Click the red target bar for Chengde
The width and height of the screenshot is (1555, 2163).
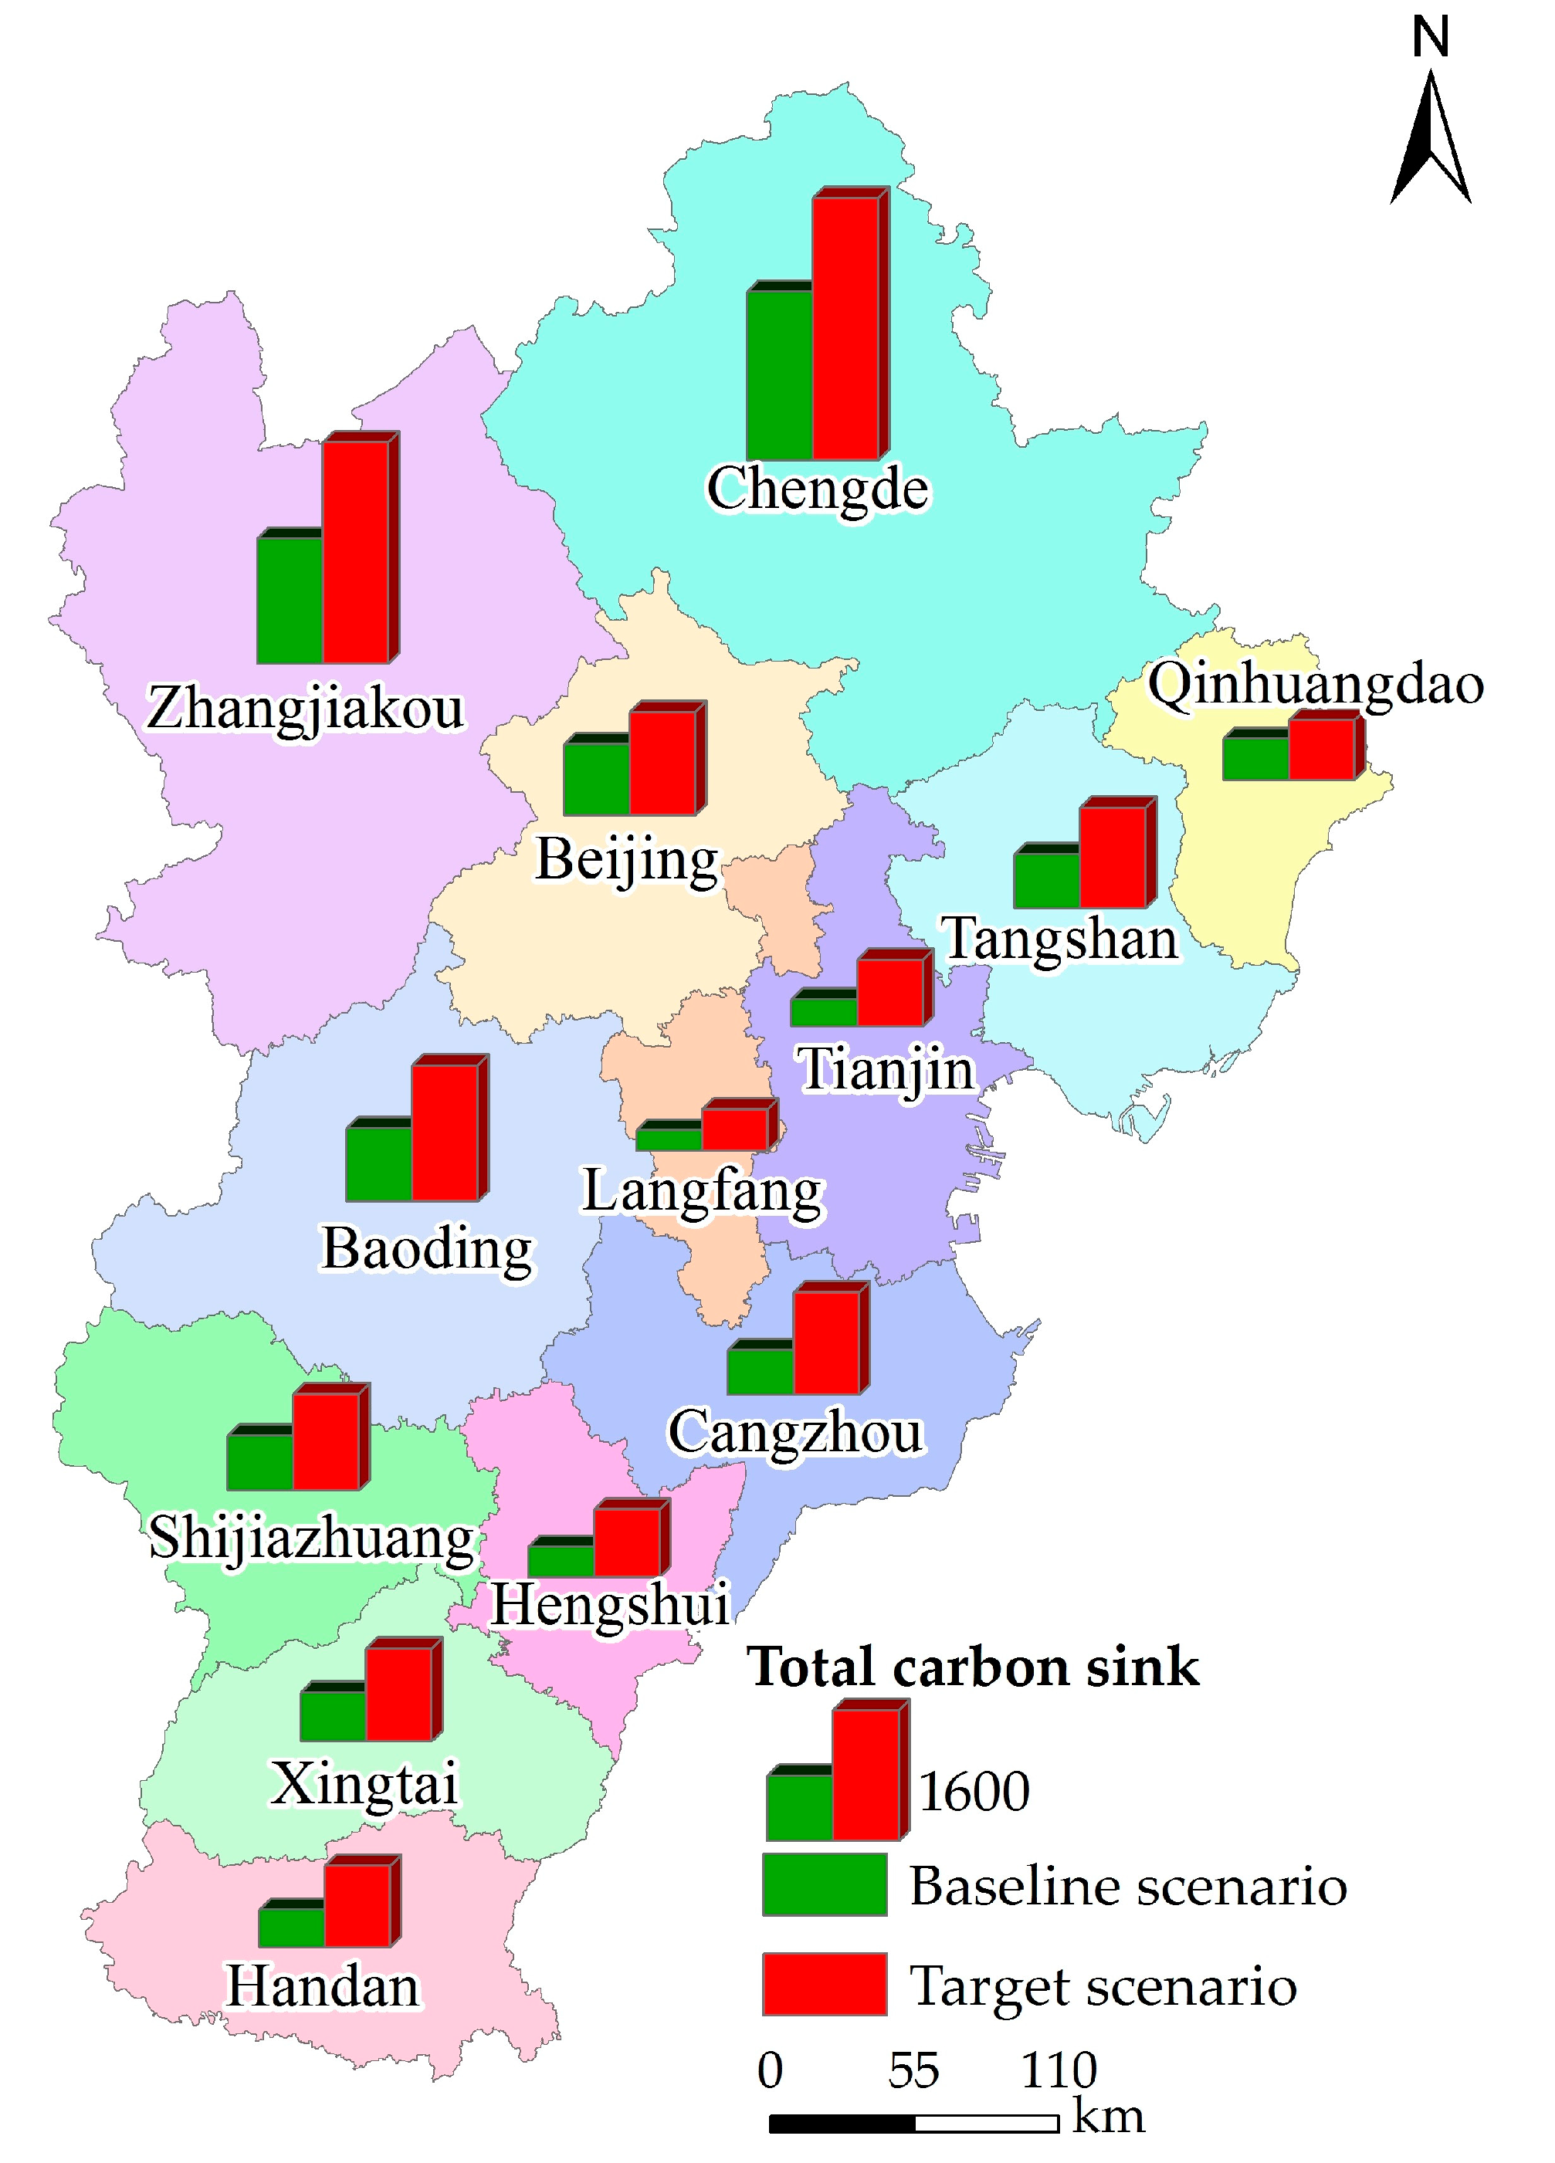(x=845, y=328)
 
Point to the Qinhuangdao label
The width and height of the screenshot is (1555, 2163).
(x=1316, y=685)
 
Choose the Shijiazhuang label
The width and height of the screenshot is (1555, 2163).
(x=312, y=1538)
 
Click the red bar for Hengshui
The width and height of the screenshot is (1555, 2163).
(x=627, y=1542)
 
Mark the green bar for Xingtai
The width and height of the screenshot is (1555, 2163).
(x=333, y=1716)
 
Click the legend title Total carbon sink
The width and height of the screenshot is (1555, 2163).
(x=972, y=1668)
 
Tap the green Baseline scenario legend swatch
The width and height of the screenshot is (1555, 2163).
(x=825, y=1884)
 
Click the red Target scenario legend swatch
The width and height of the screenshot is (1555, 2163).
(x=825, y=1984)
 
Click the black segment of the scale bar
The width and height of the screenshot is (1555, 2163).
(x=842, y=2124)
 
